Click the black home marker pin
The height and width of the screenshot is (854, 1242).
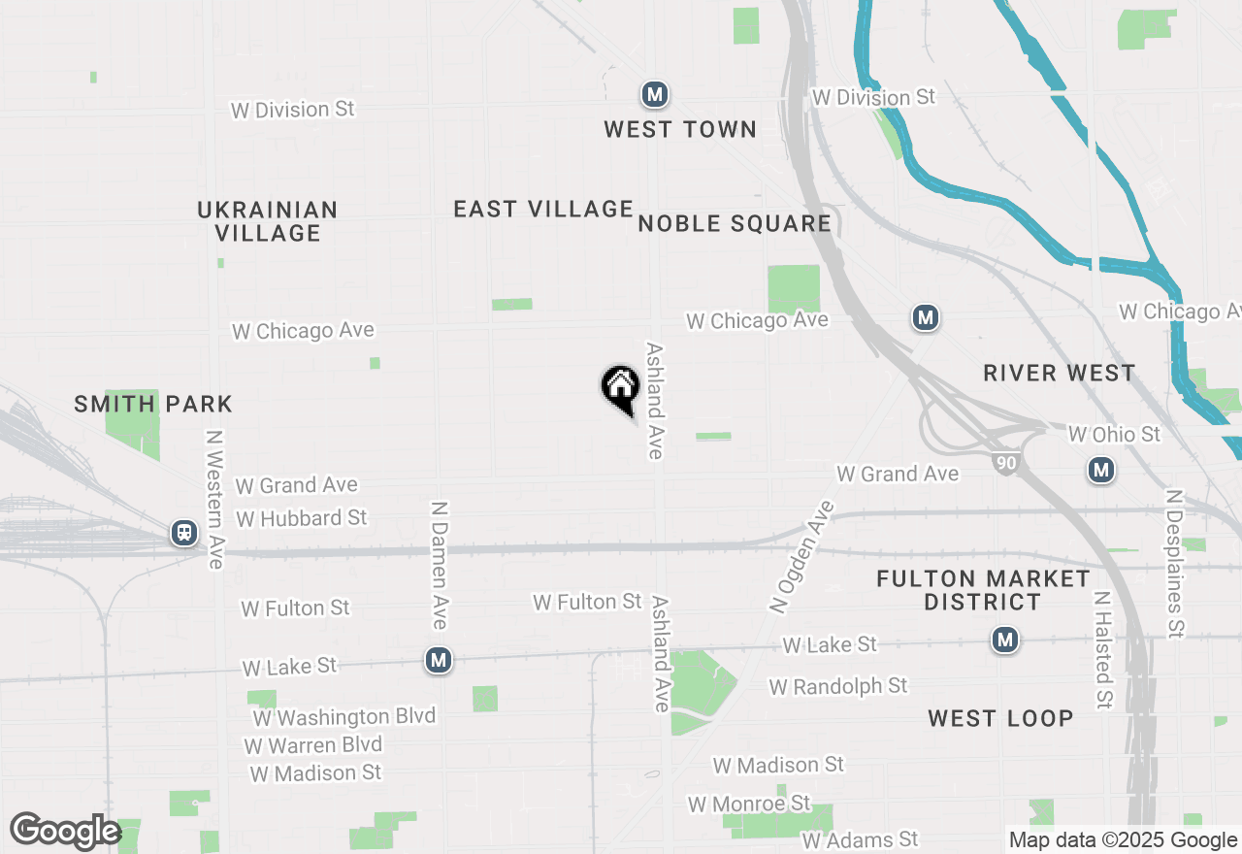click(621, 388)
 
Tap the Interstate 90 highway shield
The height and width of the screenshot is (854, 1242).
click(1006, 464)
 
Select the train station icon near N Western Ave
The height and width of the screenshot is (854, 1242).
click(183, 533)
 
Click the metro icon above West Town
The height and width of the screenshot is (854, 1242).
click(655, 94)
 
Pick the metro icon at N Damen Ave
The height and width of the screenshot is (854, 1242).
click(439, 660)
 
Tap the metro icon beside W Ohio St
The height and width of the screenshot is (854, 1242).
click(1100, 471)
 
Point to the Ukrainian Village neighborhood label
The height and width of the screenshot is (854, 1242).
click(268, 221)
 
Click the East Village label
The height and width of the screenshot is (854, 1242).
click(543, 209)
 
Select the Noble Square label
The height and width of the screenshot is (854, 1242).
click(735, 224)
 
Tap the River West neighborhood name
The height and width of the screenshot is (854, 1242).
click(1059, 374)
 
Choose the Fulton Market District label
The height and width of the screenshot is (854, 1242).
click(983, 590)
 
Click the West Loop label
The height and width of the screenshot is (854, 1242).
click(1000, 718)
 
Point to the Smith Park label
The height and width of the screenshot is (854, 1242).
click(153, 404)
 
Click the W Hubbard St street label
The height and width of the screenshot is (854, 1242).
click(302, 518)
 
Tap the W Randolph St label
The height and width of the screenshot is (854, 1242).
click(838, 686)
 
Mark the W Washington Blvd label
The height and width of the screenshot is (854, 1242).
click(344, 716)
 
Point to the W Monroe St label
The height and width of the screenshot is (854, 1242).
click(749, 805)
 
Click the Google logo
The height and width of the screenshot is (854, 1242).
click(66, 832)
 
